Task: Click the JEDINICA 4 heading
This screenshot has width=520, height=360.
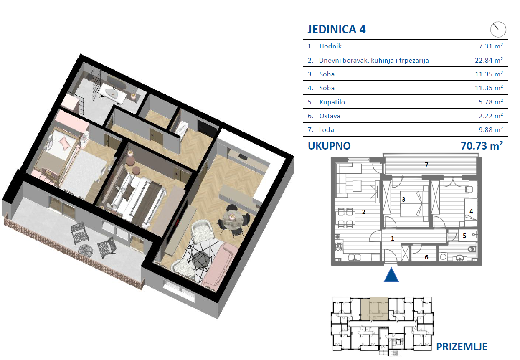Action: [x=336, y=30]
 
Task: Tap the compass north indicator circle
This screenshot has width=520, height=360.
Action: [x=498, y=30]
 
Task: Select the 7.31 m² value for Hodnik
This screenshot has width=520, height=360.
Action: [x=491, y=46]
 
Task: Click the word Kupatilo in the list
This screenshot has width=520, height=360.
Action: [x=332, y=102]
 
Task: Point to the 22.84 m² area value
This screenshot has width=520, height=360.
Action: [x=489, y=60]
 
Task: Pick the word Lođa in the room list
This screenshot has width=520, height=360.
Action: [x=326, y=129]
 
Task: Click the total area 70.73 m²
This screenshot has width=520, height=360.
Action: [x=482, y=145]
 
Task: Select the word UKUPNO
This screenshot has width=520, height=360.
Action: [x=329, y=146]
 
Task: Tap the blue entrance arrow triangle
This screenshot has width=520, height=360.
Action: [x=391, y=275]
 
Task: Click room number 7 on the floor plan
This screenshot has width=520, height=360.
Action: [x=426, y=165]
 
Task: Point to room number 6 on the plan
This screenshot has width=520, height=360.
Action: [x=426, y=257]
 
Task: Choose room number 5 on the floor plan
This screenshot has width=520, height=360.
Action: [x=464, y=236]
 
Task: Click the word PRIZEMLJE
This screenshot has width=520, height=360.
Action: [x=462, y=347]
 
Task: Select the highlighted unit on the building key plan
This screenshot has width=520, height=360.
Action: [x=374, y=309]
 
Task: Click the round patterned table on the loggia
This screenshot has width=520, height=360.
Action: [x=86, y=251]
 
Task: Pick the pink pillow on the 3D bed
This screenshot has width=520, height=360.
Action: [x=64, y=143]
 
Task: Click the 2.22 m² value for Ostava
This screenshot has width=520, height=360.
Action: [x=491, y=116]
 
